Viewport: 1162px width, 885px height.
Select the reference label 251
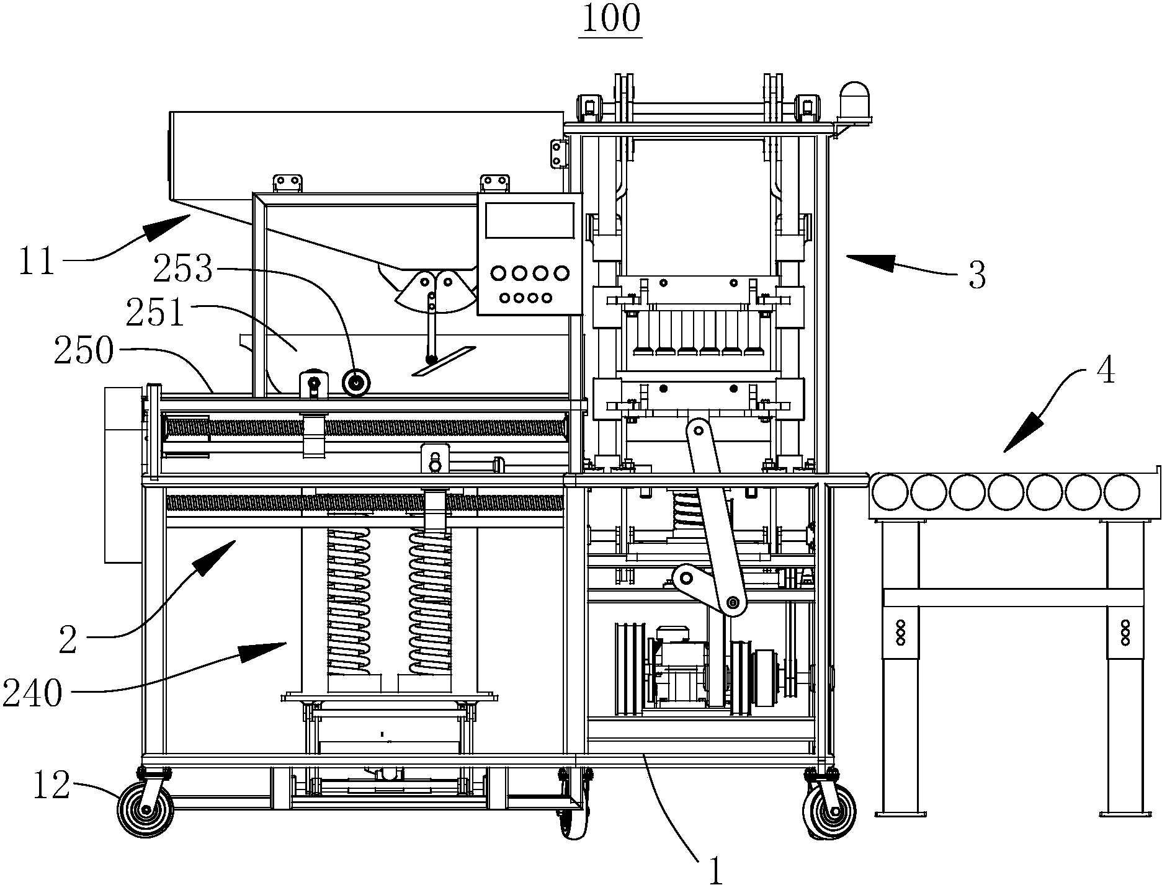click(155, 314)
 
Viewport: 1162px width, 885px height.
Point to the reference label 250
click(84, 352)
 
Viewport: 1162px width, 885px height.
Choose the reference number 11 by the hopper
click(36, 262)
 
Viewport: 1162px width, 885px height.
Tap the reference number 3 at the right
click(977, 277)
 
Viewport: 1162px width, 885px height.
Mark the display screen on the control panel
click(529, 220)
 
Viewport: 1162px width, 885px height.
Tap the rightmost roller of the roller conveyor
click(1122, 492)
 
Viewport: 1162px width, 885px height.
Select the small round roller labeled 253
click(356, 382)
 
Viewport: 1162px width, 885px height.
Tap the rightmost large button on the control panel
click(561, 273)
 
